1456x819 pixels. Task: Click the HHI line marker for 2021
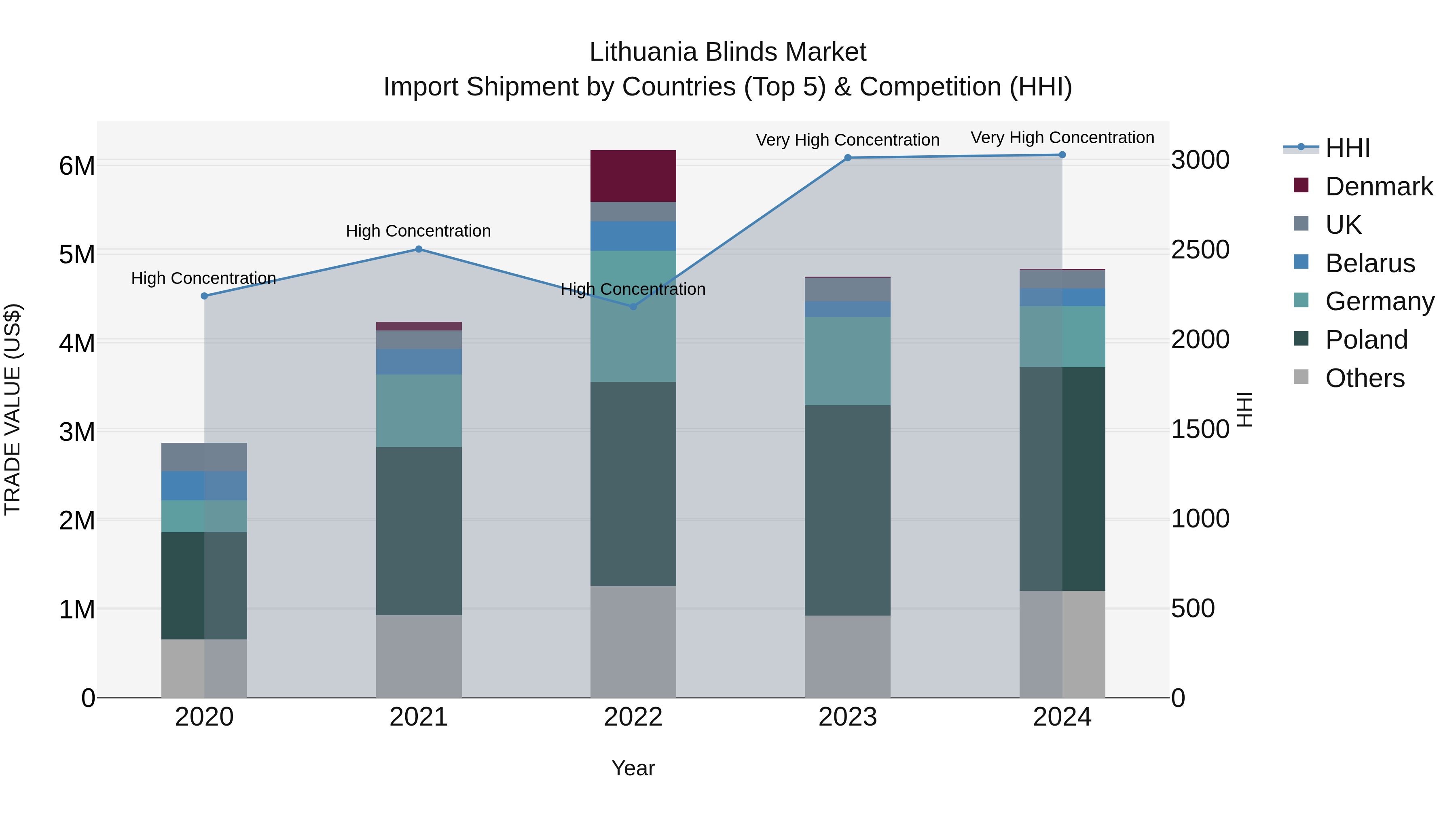[419, 249]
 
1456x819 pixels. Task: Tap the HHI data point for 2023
[848, 158]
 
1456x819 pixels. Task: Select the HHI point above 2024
[1062, 155]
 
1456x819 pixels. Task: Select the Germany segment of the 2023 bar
[848, 361]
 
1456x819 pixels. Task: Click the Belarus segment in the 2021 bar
[419, 362]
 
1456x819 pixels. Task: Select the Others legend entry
[1365, 378]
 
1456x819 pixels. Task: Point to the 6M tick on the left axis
[77, 166]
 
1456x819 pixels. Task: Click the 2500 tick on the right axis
[1200, 250]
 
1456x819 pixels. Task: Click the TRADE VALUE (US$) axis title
[13, 409]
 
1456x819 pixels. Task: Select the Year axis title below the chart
[633, 768]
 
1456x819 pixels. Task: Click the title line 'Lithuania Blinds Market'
[728, 52]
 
